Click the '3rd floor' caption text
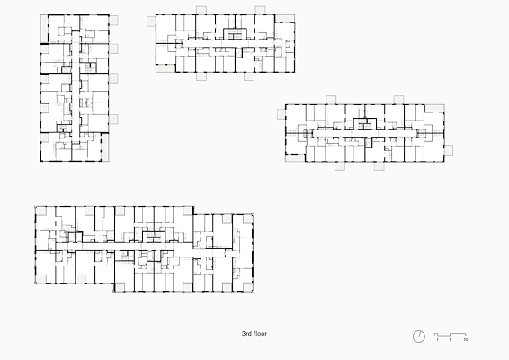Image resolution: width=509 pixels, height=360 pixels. [254, 334]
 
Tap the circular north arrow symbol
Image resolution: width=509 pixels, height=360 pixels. [419, 337]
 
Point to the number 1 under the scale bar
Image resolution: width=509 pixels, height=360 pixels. [437, 340]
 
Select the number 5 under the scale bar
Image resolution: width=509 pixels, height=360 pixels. [451, 340]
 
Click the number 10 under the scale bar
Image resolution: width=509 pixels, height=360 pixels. [466, 340]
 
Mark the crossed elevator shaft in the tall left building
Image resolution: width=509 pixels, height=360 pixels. [67, 69]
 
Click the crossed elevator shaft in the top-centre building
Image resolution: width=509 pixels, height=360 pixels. [239, 53]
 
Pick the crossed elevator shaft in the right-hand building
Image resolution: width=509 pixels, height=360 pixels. [368, 142]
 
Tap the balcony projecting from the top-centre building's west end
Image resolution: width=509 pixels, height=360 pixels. [151, 22]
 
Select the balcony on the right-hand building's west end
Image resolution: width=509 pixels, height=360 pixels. [281, 114]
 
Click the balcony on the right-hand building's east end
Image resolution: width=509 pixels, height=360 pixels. [449, 150]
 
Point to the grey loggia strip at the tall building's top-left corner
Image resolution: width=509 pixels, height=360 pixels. [44, 29]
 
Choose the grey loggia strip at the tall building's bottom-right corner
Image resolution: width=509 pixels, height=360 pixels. [105, 148]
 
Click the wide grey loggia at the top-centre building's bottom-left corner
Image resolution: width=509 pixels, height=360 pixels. [165, 68]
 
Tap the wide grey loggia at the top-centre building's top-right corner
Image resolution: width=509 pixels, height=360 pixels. [285, 19]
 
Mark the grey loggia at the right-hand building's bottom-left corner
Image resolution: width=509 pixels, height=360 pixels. [295, 158]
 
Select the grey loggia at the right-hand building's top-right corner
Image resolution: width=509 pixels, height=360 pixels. [434, 108]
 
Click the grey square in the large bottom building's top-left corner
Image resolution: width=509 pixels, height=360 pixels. [41, 211]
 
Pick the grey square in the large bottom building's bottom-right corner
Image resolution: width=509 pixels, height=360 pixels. [247, 287]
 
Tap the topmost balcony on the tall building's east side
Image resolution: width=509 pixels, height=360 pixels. [113, 21]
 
